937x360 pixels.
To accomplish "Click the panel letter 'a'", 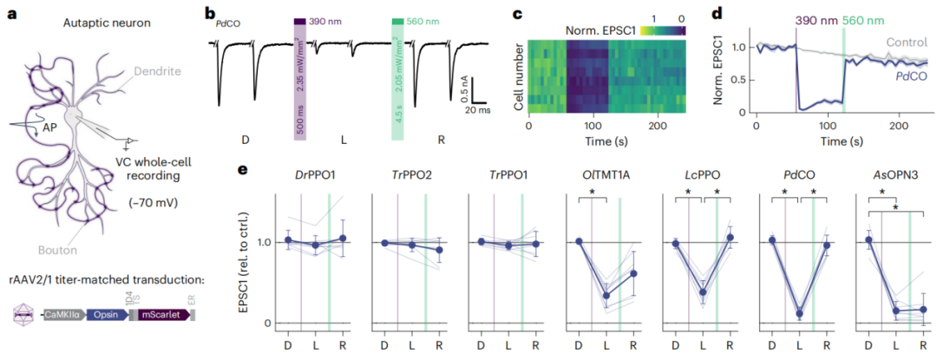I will pyautogui.click(x=12, y=15).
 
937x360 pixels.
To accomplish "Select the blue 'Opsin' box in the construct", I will pyautogui.click(x=105, y=316).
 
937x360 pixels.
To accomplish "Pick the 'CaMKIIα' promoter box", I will pyautogui.click(x=64, y=316).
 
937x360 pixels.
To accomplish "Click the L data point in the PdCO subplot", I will pyautogui.click(x=799, y=313).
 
